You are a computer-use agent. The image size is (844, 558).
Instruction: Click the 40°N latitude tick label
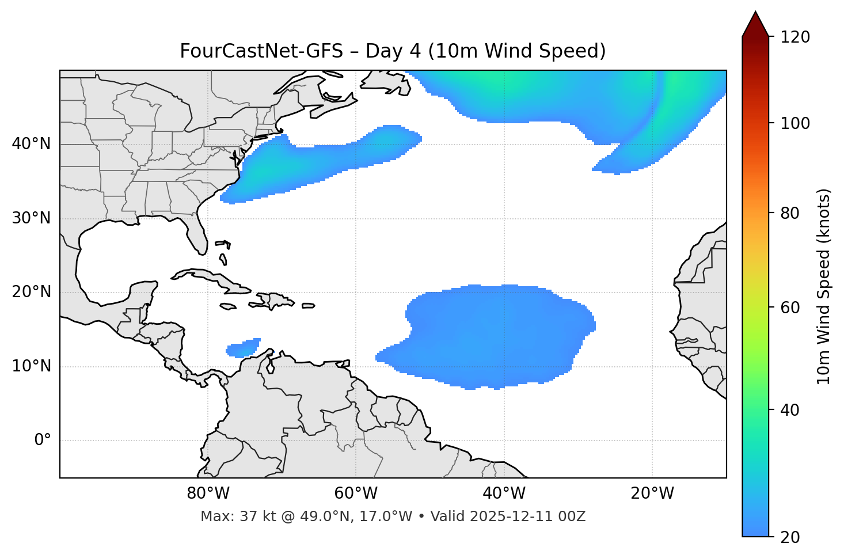(31, 144)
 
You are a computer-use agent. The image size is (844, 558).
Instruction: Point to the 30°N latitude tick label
(31, 218)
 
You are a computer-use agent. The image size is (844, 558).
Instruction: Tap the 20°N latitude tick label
(31, 292)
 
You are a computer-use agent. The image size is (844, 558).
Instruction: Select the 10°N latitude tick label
(31, 366)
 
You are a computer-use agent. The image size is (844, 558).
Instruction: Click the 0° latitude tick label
(42, 441)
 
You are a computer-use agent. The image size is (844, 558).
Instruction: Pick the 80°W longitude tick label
(208, 494)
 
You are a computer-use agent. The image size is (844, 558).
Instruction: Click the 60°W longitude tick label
(356, 494)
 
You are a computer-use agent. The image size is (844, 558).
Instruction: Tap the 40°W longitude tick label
(504, 494)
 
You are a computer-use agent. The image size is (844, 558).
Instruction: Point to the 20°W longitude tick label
(652, 494)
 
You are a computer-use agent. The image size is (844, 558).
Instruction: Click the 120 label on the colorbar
(796, 37)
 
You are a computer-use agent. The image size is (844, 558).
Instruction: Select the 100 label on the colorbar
(796, 123)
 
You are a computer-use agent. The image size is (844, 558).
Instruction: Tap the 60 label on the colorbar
(790, 308)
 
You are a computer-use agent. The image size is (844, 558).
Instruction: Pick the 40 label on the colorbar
(790, 410)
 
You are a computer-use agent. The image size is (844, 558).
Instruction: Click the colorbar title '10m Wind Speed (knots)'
(824, 286)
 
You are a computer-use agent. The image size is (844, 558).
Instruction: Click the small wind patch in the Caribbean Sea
(244, 348)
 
